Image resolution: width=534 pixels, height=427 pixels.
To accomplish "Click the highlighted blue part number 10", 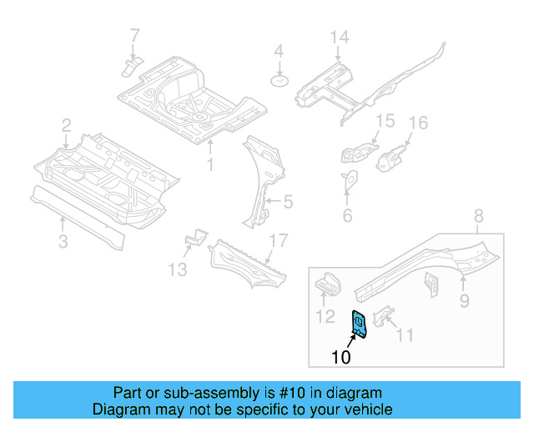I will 362,323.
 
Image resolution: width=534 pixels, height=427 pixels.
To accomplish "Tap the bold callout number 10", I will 340,358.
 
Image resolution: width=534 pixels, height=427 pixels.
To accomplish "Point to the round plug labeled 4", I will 279,81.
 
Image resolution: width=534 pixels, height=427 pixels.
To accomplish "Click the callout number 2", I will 66,125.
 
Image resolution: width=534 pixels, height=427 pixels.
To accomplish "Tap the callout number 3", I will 63,243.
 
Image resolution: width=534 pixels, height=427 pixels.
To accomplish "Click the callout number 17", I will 278,241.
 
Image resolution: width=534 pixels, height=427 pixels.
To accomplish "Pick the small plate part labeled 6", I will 349,178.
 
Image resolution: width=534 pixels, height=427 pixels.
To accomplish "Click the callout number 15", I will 383,121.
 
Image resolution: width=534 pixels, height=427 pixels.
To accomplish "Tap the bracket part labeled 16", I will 390,157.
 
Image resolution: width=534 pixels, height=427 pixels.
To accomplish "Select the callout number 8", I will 478,218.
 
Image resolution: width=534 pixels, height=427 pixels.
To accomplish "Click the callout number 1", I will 210,164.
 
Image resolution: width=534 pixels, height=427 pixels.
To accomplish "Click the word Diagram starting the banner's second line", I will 119,409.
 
